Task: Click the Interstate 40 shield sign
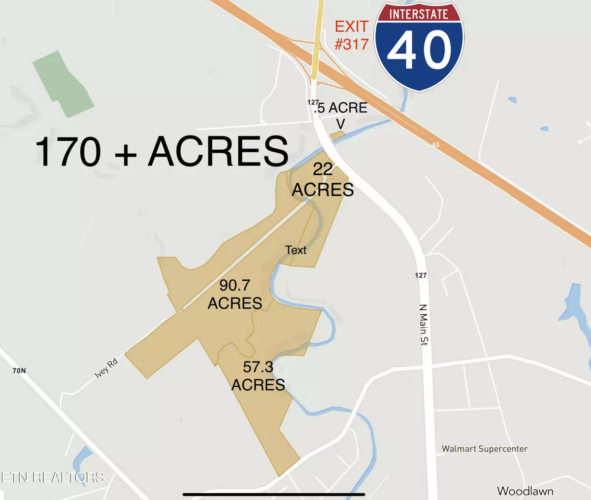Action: [x=420, y=47]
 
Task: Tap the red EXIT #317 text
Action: [x=352, y=35]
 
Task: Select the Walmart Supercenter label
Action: [x=484, y=449]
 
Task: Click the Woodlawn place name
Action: [x=525, y=491]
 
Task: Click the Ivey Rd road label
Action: [x=106, y=368]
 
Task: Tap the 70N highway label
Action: [x=19, y=370]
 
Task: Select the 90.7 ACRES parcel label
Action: [x=235, y=294]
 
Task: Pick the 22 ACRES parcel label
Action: [x=323, y=180]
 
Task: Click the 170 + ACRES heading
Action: [x=162, y=151]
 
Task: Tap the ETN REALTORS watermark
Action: [x=52, y=477]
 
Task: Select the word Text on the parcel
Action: [x=296, y=250]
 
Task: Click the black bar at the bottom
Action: [x=273, y=494]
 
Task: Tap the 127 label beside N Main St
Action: [x=421, y=275]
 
